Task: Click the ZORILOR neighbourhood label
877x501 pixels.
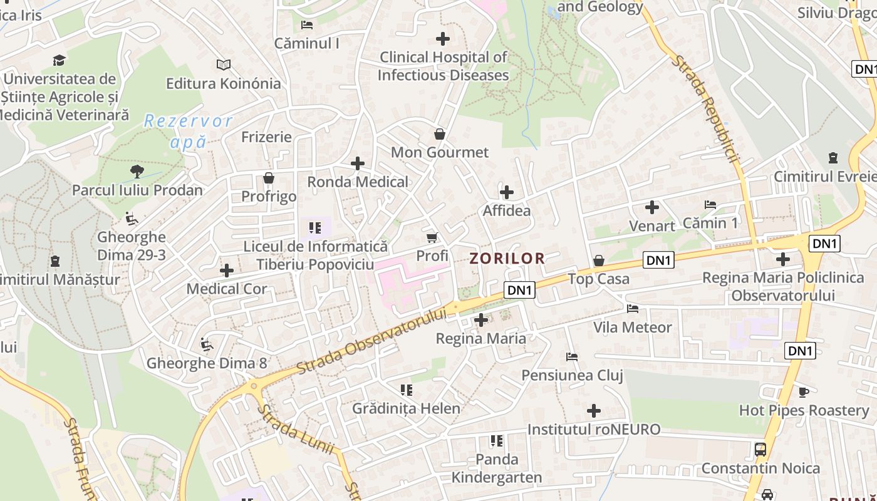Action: click(x=507, y=258)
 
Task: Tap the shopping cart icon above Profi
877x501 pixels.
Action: click(x=432, y=237)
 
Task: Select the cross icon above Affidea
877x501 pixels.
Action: click(x=507, y=192)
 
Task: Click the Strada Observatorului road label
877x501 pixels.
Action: click(x=372, y=341)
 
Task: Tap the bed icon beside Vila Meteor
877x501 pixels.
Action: click(x=633, y=309)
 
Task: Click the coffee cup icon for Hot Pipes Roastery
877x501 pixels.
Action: click(x=804, y=392)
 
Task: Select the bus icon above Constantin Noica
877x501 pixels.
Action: click(x=760, y=449)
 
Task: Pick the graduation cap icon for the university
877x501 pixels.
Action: click(x=60, y=60)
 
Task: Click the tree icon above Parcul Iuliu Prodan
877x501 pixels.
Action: click(x=137, y=171)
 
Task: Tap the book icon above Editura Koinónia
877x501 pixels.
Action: click(x=224, y=65)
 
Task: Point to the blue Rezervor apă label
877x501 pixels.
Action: click(x=188, y=131)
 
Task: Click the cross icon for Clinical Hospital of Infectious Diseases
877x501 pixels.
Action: click(x=443, y=39)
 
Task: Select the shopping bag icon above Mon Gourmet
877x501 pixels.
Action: click(x=440, y=134)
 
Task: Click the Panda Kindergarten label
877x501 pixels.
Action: click(x=497, y=468)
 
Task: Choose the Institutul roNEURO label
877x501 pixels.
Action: click(x=594, y=430)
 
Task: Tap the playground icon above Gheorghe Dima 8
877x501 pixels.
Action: click(x=206, y=344)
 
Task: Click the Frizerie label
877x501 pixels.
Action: click(x=267, y=137)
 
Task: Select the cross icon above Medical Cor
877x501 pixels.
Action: click(x=227, y=271)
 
